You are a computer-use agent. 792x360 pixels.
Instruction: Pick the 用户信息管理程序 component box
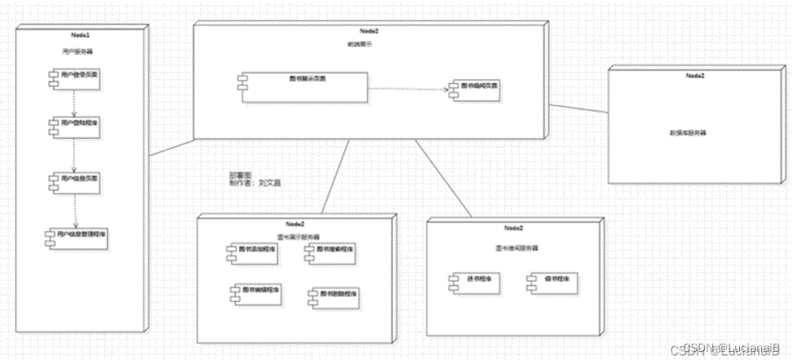coord(77,236)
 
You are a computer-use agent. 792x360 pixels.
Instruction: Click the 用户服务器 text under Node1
coord(82,51)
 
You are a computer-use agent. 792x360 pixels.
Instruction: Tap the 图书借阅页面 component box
coord(476,87)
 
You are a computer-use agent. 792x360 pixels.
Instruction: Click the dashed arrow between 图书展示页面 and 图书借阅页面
coord(407,87)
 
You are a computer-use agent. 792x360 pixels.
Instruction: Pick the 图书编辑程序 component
coord(252,291)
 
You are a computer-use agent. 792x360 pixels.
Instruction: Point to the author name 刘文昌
coord(269,184)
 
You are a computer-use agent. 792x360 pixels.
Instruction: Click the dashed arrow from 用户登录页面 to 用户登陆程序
coord(75,102)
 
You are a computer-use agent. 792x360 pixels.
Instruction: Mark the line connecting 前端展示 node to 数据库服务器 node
coord(579,107)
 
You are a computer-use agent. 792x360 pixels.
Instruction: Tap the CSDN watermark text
coord(726,349)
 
